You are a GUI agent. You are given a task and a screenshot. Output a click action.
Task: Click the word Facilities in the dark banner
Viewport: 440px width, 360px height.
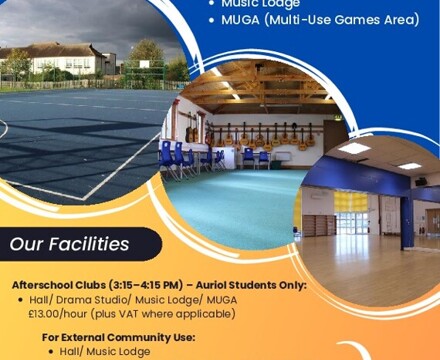coord(92,243)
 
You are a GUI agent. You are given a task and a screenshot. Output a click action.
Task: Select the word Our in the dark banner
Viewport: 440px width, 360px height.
coord(29,243)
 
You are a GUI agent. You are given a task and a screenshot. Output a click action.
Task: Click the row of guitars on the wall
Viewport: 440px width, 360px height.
coord(255,133)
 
